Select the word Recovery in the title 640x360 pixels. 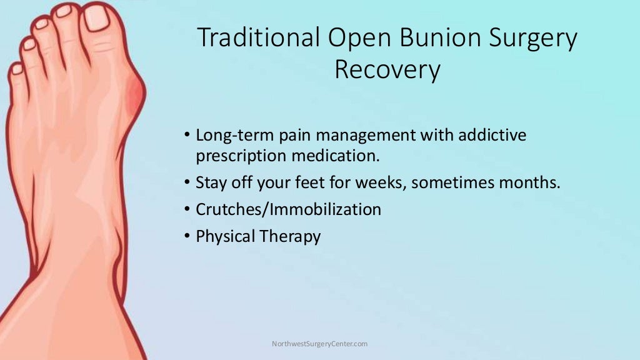[x=387, y=70]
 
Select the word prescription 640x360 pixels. [x=238, y=156]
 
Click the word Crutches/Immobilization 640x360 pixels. [x=288, y=209]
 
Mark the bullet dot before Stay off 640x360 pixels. [x=188, y=182]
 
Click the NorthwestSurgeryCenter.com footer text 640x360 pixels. [x=319, y=344]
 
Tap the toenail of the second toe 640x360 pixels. [x=63, y=11]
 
